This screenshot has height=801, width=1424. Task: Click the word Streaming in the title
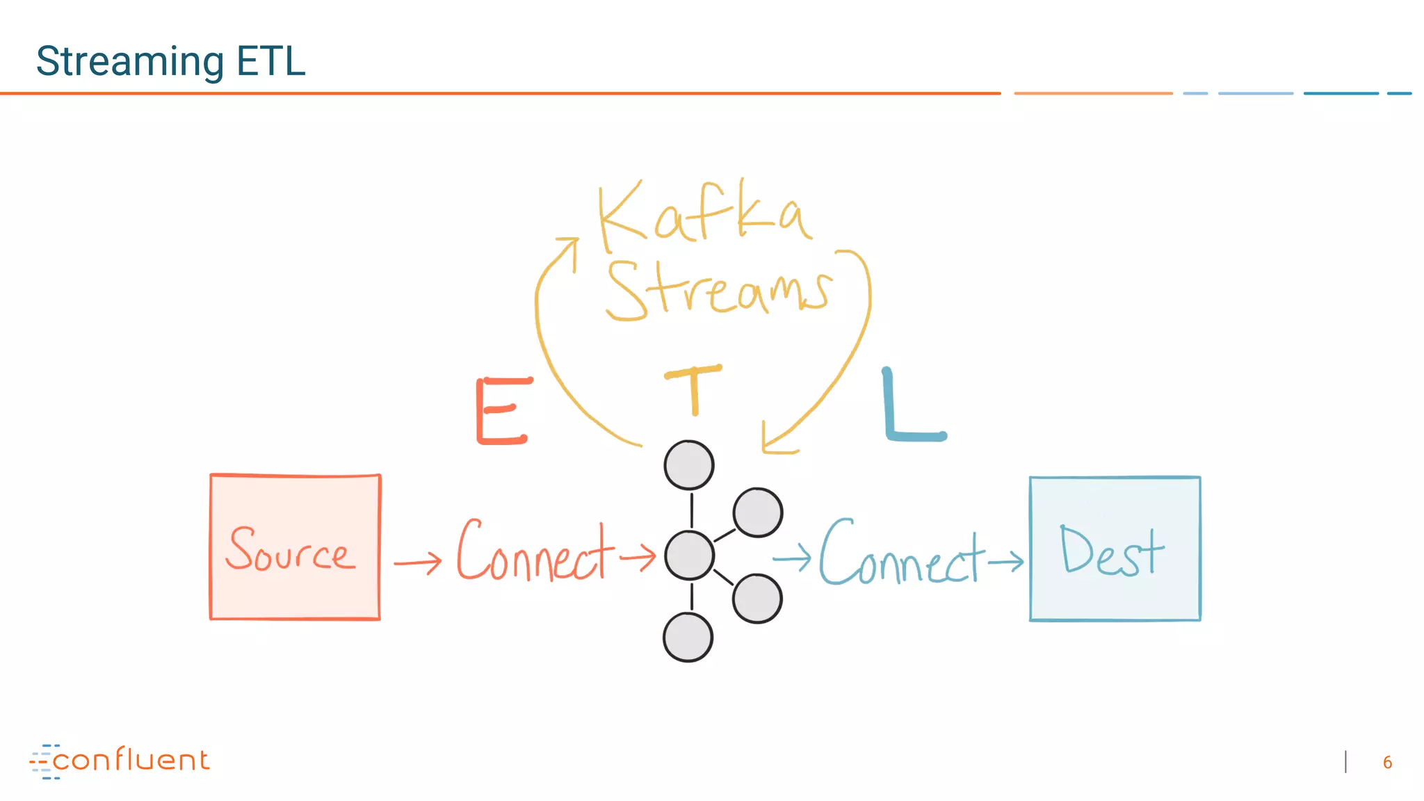point(130,62)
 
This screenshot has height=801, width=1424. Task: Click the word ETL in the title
point(270,61)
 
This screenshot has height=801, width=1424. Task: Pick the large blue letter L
point(911,406)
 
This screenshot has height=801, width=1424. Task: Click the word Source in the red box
point(290,549)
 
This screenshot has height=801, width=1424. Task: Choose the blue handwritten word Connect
point(901,553)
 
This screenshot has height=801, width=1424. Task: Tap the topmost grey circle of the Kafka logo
point(688,465)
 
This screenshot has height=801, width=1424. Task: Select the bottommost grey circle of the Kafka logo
point(688,637)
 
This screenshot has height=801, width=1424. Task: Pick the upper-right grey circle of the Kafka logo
point(757,513)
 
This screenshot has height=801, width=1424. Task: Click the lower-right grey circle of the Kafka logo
point(757,599)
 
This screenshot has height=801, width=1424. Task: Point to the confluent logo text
point(130,760)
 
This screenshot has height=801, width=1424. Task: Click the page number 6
point(1387,763)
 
